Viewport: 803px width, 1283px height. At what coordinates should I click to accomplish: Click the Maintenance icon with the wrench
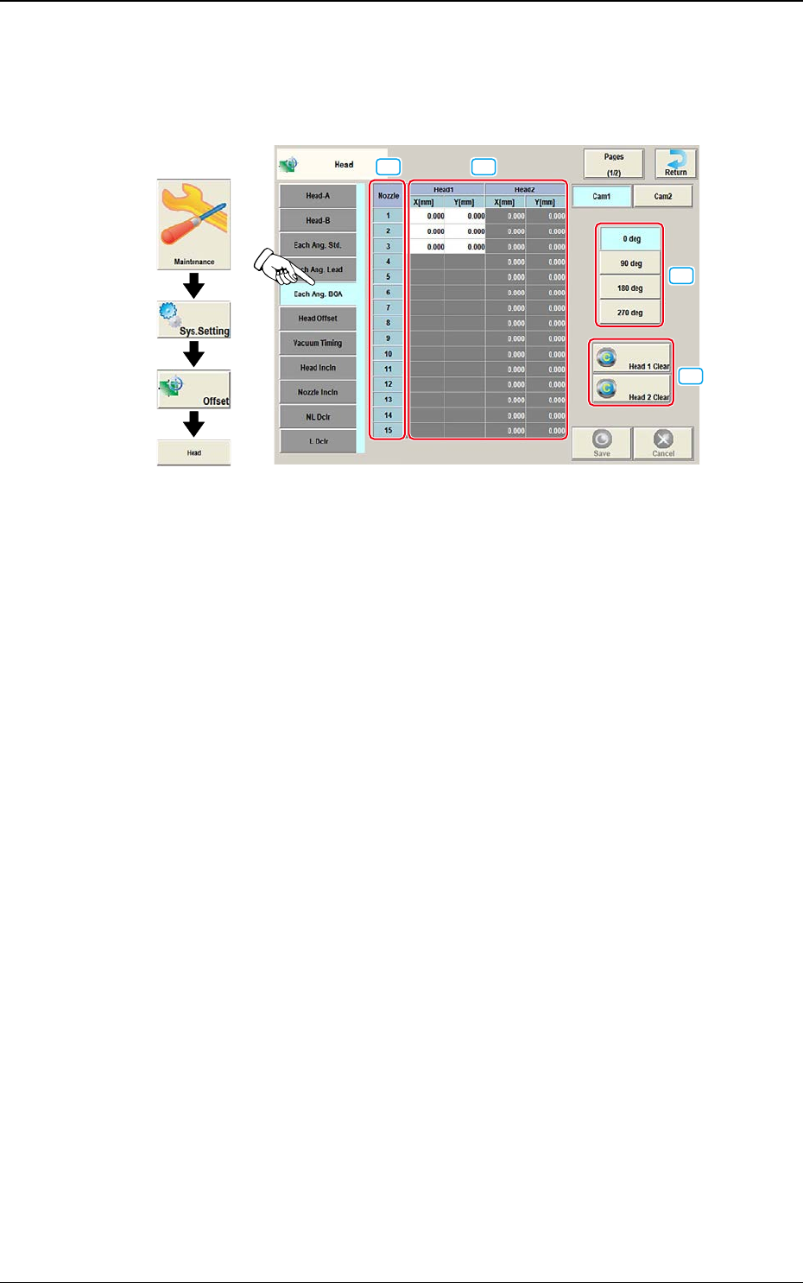tap(193, 224)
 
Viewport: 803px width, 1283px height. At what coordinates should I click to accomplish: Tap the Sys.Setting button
tap(193, 320)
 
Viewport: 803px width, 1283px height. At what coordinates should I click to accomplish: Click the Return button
tap(675, 163)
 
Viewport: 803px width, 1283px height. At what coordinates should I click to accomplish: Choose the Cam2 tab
tap(662, 196)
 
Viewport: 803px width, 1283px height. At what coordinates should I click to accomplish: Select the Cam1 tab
tap(602, 196)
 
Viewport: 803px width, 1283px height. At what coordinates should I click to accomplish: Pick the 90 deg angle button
tap(630, 263)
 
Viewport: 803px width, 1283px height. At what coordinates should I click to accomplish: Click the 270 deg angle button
tap(630, 313)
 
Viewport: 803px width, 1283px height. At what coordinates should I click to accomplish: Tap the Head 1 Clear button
tap(631, 358)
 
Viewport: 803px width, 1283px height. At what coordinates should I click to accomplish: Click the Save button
tap(602, 443)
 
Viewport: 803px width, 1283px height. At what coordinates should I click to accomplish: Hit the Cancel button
tap(663, 443)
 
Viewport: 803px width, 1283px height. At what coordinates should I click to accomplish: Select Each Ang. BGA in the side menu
tap(318, 294)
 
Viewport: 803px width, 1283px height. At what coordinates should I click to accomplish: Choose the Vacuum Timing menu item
tap(318, 343)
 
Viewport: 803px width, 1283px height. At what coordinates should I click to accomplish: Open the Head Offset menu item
tap(318, 319)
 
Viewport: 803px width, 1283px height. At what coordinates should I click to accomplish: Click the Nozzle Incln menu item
tap(318, 392)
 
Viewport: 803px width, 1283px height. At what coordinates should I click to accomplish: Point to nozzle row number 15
tap(388, 430)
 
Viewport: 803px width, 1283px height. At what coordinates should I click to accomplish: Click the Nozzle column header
tap(388, 196)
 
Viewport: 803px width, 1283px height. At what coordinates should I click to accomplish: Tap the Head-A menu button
tap(318, 196)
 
